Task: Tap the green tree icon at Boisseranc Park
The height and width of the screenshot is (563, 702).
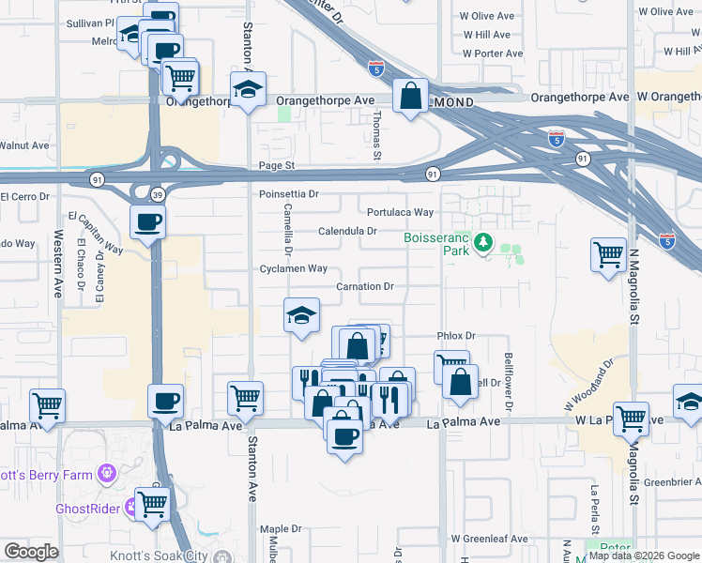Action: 483,244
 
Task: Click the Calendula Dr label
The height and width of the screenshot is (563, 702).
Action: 347,230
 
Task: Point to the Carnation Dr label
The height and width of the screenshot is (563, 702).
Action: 365,286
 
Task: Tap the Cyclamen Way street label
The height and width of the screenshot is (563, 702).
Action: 294,268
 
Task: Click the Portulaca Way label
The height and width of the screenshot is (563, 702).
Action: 400,213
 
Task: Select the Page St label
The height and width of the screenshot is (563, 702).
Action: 277,165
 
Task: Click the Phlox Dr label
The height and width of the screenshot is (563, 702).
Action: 457,336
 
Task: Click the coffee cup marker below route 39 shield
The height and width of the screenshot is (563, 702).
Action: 148,223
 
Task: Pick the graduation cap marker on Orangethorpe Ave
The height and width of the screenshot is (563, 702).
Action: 248,89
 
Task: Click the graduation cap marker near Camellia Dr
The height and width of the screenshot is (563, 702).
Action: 302,314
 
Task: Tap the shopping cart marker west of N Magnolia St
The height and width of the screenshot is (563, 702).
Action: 608,252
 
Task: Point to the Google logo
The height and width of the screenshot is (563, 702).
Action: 31,552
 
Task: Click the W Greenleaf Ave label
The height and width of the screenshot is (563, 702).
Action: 489,539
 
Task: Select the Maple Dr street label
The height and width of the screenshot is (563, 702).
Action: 281,529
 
